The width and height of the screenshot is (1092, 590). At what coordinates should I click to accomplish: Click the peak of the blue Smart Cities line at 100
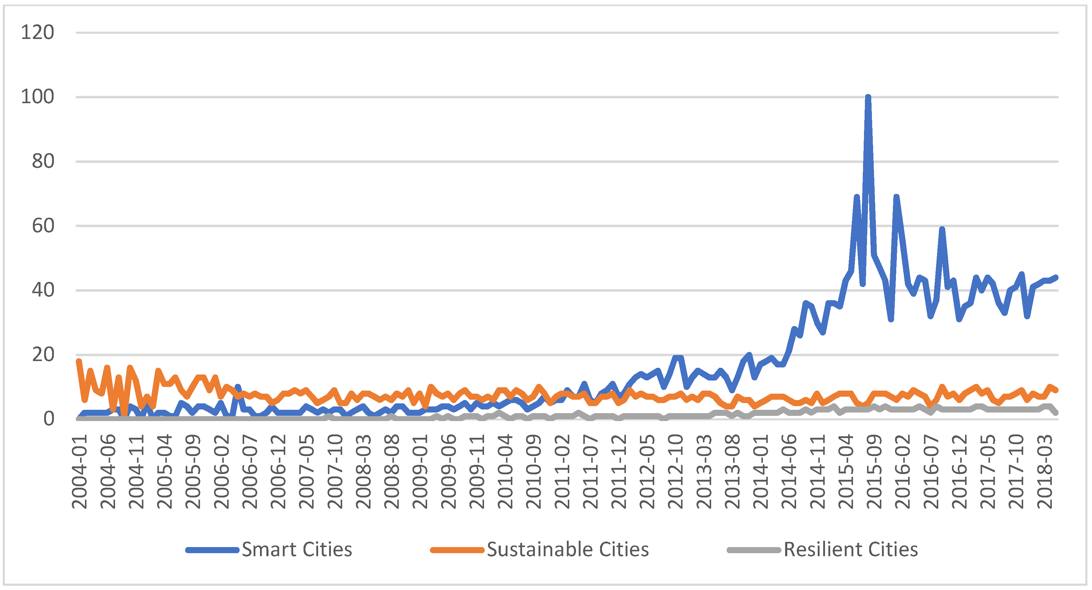click(x=868, y=97)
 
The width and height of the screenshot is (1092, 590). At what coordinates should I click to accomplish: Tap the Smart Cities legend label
click(x=297, y=550)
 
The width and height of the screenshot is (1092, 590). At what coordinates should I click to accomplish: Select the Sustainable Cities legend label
click(x=568, y=550)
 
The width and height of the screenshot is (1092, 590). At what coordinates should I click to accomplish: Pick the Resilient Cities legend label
click(x=850, y=550)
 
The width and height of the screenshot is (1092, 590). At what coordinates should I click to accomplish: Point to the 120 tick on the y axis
click(x=37, y=33)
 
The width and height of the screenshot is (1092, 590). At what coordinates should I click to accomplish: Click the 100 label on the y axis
click(x=37, y=97)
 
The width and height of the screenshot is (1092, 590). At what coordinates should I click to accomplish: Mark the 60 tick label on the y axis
click(x=43, y=226)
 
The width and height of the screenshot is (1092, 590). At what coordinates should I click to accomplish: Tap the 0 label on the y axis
click(x=49, y=419)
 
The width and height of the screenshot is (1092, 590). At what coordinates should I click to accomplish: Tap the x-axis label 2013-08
click(x=732, y=471)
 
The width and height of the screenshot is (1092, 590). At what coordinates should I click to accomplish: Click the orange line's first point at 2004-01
click(x=79, y=362)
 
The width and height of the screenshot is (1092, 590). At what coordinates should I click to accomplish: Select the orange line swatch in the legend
click(x=457, y=550)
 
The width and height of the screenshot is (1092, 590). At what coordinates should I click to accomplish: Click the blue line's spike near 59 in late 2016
click(x=942, y=229)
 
